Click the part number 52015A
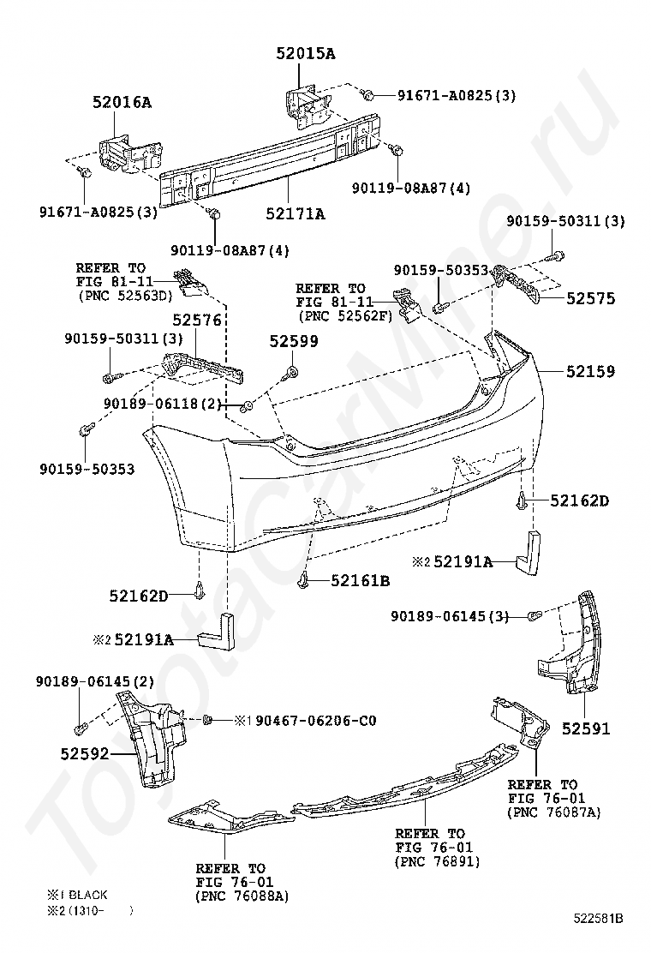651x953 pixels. pyautogui.click(x=305, y=54)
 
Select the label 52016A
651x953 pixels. pyautogui.click(x=122, y=103)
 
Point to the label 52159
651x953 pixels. pyautogui.click(x=589, y=372)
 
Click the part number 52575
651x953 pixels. pyautogui.click(x=589, y=299)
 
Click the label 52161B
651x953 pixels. pyautogui.click(x=361, y=581)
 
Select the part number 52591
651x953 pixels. pyautogui.click(x=586, y=728)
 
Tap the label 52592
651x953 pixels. pyautogui.click(x=85, y=754)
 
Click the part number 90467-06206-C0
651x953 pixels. pyautogui.click(x=316, y=720)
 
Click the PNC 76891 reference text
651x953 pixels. pyautogui.click(x=438, y=861)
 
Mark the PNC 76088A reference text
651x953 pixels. pyautogui.click(x=242, y=896)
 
